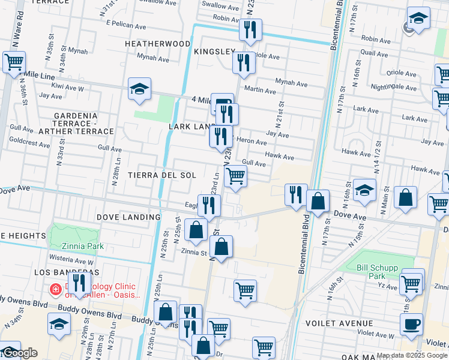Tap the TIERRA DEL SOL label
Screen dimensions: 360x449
pos(161,175)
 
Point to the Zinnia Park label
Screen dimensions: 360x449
pos(83,246)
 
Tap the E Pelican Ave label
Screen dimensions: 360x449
pos(126,26)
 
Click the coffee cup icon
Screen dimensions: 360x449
pos(411,324)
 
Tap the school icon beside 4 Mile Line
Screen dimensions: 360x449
pos(139,89)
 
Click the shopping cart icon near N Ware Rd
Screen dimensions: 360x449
pos(13,61)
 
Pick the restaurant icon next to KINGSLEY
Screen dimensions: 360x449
pos(243,63)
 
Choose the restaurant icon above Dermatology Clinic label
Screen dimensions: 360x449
pos(79,281)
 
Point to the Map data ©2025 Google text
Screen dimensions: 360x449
pos(411,355)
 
